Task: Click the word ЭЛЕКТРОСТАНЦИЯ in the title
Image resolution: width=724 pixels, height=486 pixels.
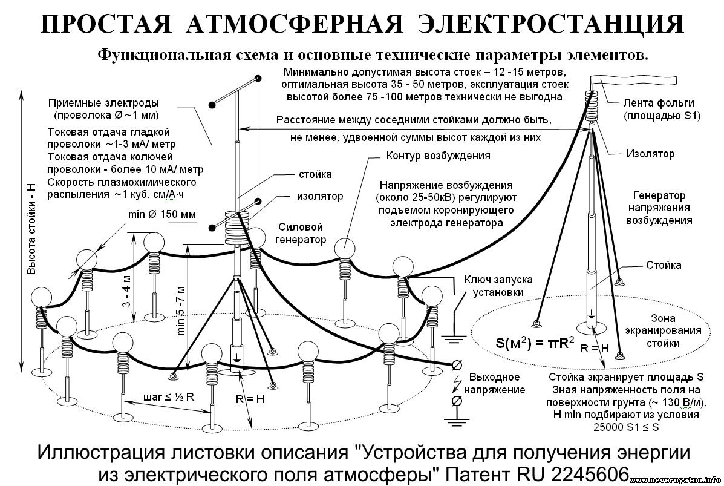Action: click(x=550, y=24)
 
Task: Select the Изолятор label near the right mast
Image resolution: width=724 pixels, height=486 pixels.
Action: click(x=650, y=153)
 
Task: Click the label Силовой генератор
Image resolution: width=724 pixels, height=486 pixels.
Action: click(x=301, y=233)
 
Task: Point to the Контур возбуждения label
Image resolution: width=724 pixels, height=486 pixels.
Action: click(x=438, y=155)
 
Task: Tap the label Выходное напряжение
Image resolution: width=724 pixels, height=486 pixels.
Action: click(x=495, y=383)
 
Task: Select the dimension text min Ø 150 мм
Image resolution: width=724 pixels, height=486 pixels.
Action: click(x=161, y=214)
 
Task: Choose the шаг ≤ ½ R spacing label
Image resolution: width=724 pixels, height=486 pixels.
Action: click(x=169, y=397)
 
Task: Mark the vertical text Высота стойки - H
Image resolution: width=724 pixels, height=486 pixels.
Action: click(x=31, y=229)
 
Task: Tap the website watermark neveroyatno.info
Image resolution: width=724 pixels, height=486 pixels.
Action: click(x=676, y=481)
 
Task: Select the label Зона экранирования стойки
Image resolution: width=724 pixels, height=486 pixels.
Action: click(x=663, y=330)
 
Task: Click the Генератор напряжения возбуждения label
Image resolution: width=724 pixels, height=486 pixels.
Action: click(x=659, y=208)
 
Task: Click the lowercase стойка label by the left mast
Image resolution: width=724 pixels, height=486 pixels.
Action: click(x=315, y=174)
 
